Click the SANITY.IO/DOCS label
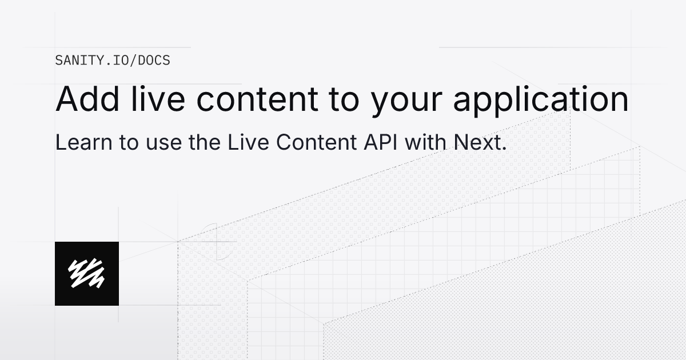(113, 60)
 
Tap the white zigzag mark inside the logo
(86, 273)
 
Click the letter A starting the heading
(66, 99)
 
